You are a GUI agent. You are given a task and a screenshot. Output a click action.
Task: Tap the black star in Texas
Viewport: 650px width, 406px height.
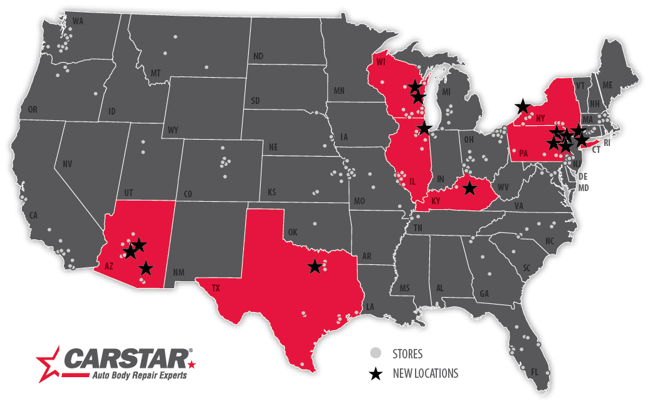coord(315,267)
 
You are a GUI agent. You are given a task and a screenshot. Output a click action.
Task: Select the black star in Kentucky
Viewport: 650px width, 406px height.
coord(469,187)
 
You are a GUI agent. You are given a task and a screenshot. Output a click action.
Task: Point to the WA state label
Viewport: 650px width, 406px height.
coord(78,21)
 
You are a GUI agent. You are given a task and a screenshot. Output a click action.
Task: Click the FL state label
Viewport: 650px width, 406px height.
coord(534,372)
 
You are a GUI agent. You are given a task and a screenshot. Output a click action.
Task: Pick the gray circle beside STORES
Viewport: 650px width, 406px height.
coord(375,353)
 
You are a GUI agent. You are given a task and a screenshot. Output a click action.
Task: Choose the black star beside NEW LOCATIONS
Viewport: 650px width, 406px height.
coord(375,374)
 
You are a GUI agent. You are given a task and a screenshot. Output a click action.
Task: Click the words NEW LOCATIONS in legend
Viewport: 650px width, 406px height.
coord(425,374)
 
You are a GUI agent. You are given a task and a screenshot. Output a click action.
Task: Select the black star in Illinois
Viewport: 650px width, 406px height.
coord(424,128)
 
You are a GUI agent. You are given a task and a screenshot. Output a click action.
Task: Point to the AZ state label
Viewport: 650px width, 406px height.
coord(109,266)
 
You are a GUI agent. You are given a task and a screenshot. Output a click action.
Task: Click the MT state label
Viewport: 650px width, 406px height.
coord(155,73)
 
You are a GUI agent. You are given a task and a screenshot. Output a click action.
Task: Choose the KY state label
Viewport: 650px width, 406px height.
coord(437,201)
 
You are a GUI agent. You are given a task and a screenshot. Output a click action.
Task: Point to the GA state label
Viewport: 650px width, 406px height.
coord(484,293)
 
